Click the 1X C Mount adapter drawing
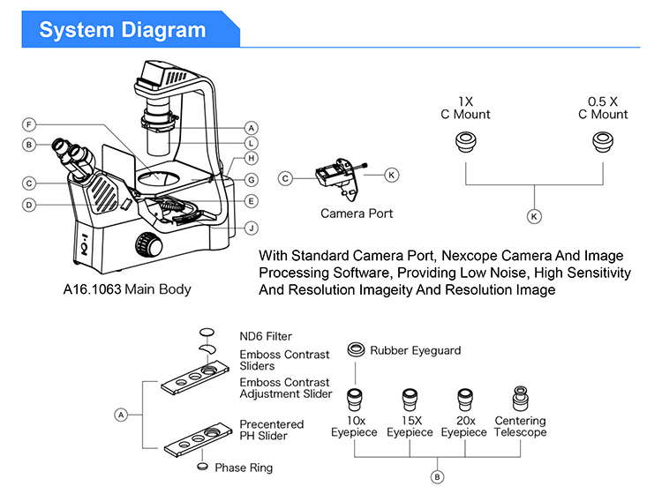(465, 143)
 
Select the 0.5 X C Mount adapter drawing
(603, 143)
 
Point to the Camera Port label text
(357, 213)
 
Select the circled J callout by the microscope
(252, 228)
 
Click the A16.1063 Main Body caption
(127, 288)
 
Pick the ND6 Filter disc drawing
(207, 333)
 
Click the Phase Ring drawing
(205, 466)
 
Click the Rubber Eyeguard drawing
(357, 349)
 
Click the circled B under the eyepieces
(437, 476)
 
